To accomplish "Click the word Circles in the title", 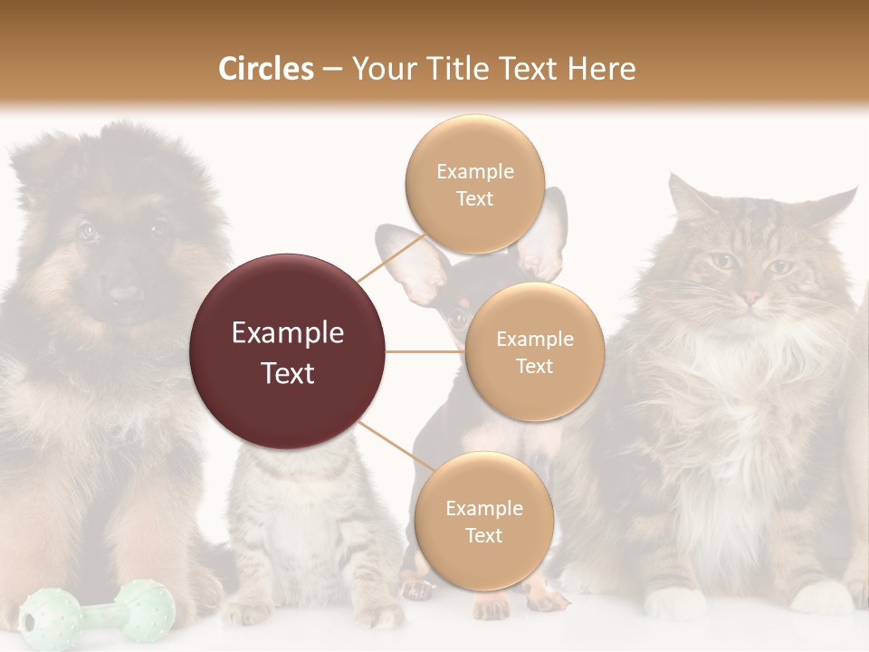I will click(x=266, y=69).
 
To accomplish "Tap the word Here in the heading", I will click(x=601, y=69).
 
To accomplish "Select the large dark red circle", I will click(x=287, y=351).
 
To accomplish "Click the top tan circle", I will click(x=474, y=184).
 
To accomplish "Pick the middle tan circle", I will click(x=534, y=351).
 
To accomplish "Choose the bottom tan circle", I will click(x=483, y=521).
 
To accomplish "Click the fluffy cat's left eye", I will click(x=721, y=261).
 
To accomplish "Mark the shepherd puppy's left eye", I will click(x=88, y=231).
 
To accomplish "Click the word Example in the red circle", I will click(x=287, y=332).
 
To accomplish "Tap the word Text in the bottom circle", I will click(x=483, y=535).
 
